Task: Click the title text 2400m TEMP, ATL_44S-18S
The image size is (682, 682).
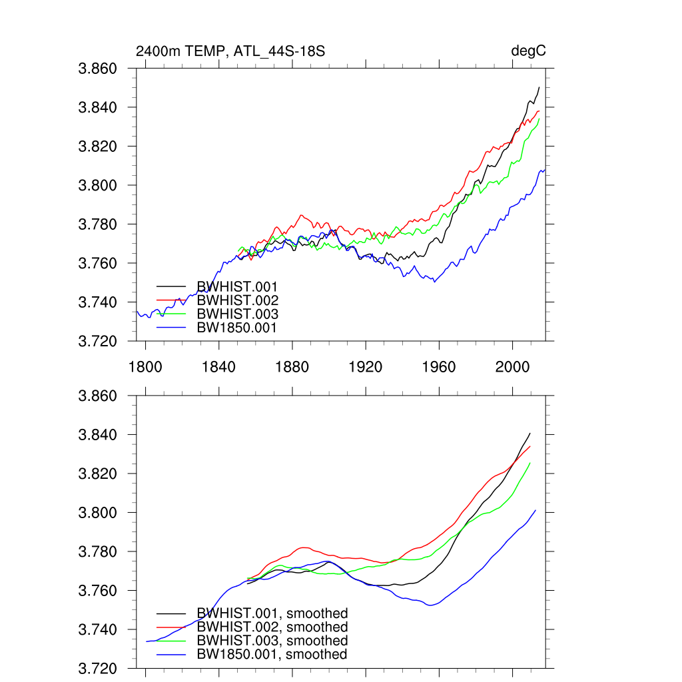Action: point(230,51)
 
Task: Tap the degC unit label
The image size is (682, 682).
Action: point(528,51)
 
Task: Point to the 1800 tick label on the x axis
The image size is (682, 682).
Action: point(145,367)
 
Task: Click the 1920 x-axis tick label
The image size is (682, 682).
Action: point(366,367)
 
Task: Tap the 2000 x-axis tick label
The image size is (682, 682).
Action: point(513,367)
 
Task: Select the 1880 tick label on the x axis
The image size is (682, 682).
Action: point(292,367)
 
